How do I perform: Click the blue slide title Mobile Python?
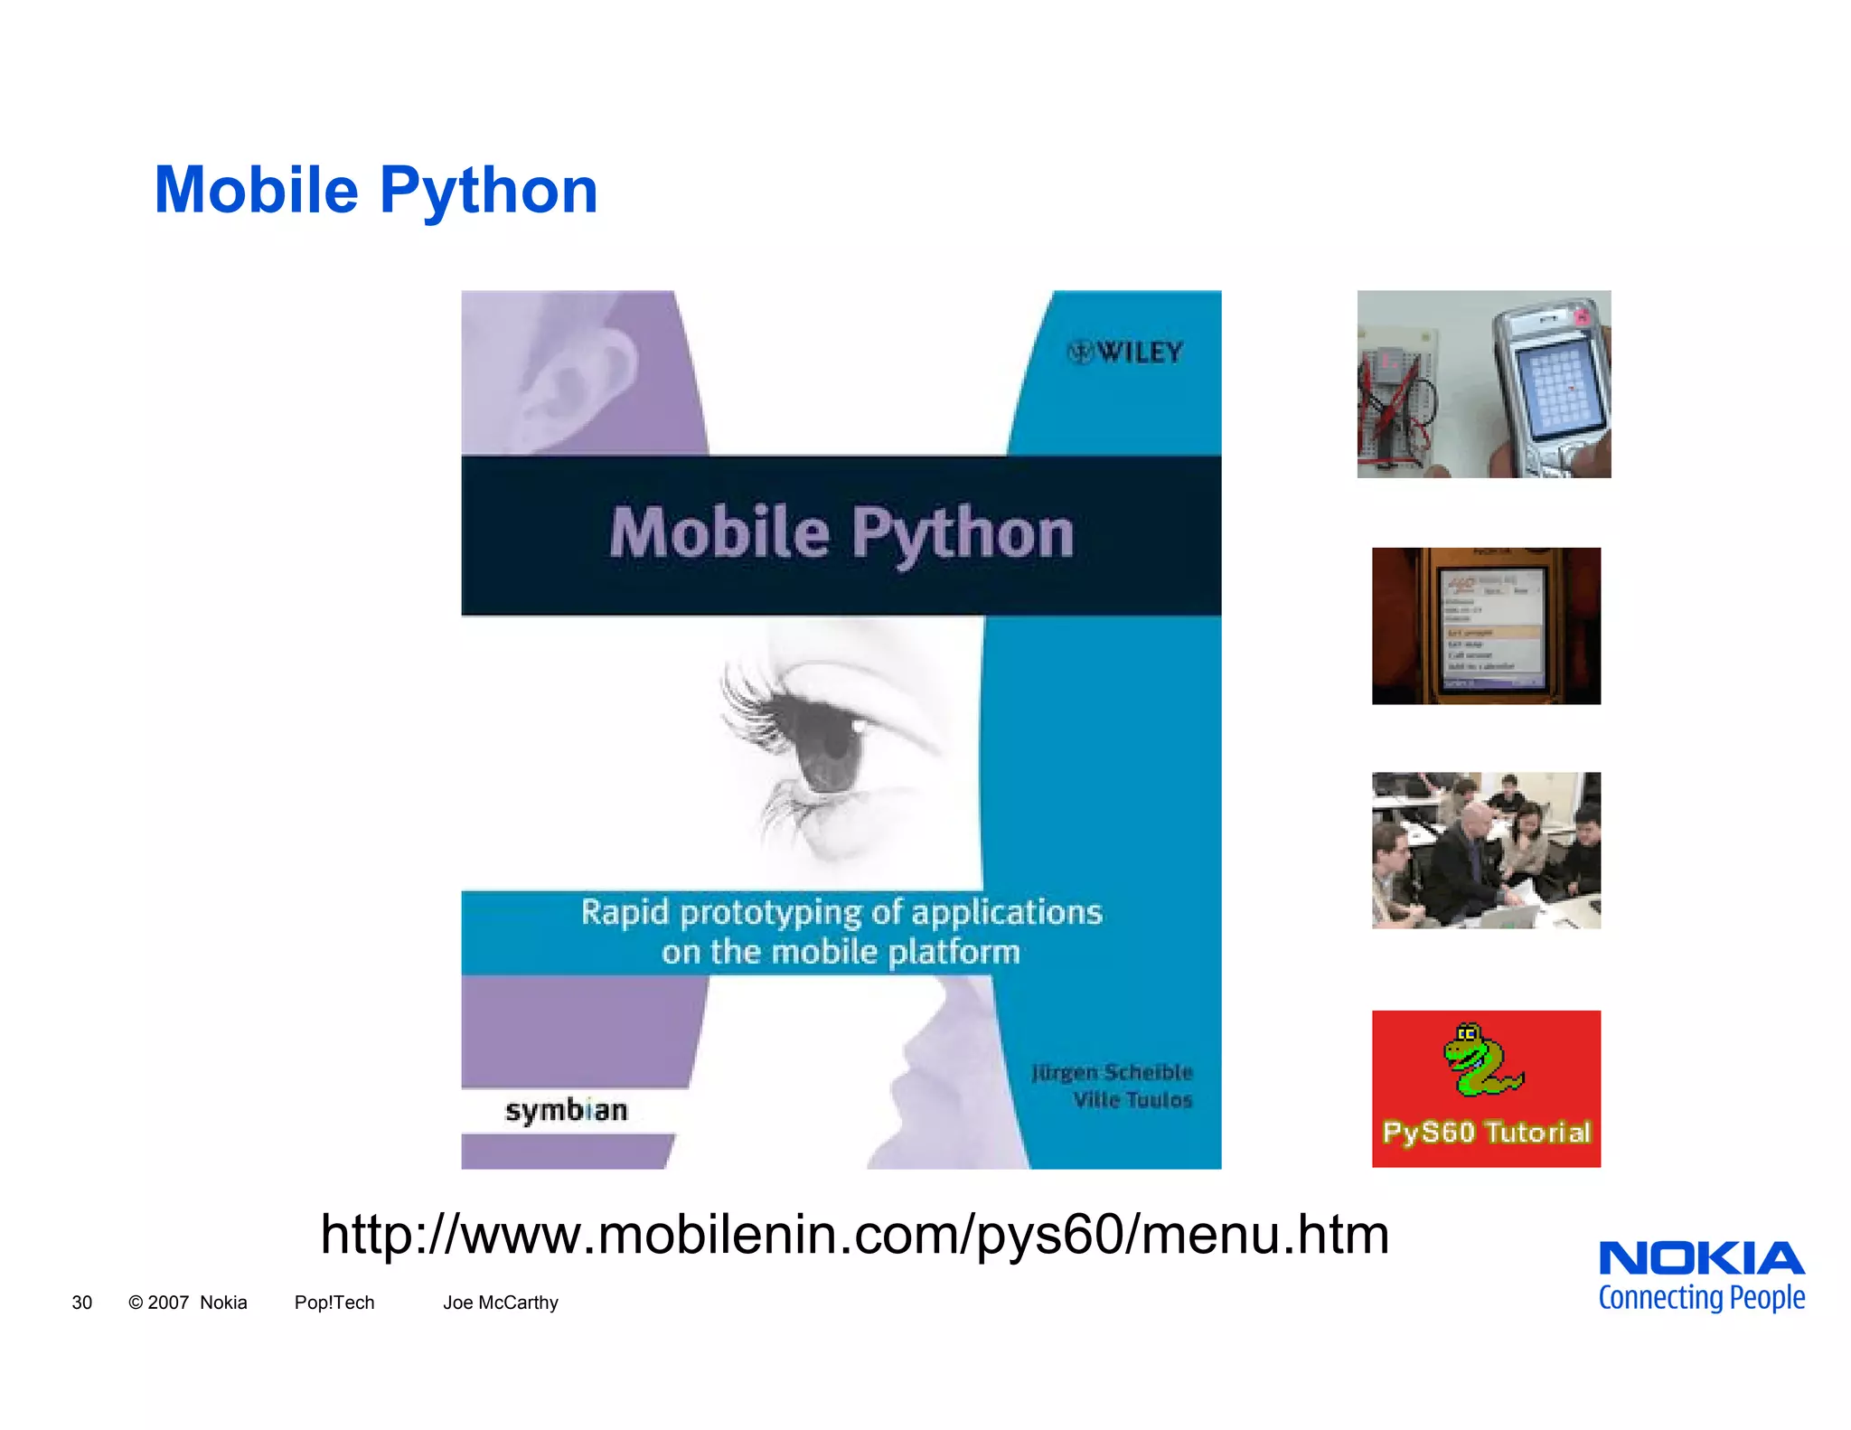coord(376,190)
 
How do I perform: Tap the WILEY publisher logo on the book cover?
coord(1126,353)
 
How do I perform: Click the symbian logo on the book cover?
coord(566,1110)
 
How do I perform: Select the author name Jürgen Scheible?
coord(1112,1072)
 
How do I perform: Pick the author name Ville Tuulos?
coord(1132,1100)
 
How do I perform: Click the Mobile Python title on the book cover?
coord(841,533)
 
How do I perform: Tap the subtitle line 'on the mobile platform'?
coord(841,952)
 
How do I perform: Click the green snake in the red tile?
coord(1480,1059)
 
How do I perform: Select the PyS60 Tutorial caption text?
coord(1486,1133)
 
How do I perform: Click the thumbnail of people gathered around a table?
coord(1486,850)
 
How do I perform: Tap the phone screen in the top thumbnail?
coord(1562,390)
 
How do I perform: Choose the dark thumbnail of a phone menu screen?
coord(1486,626)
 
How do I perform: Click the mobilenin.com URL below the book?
coord(855,1235)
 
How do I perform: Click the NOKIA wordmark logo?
coord(1701,1258)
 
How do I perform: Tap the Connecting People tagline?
coord(1701,1298)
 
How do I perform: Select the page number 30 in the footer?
coord(81,1303)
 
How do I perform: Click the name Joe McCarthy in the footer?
coord(500,1303)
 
